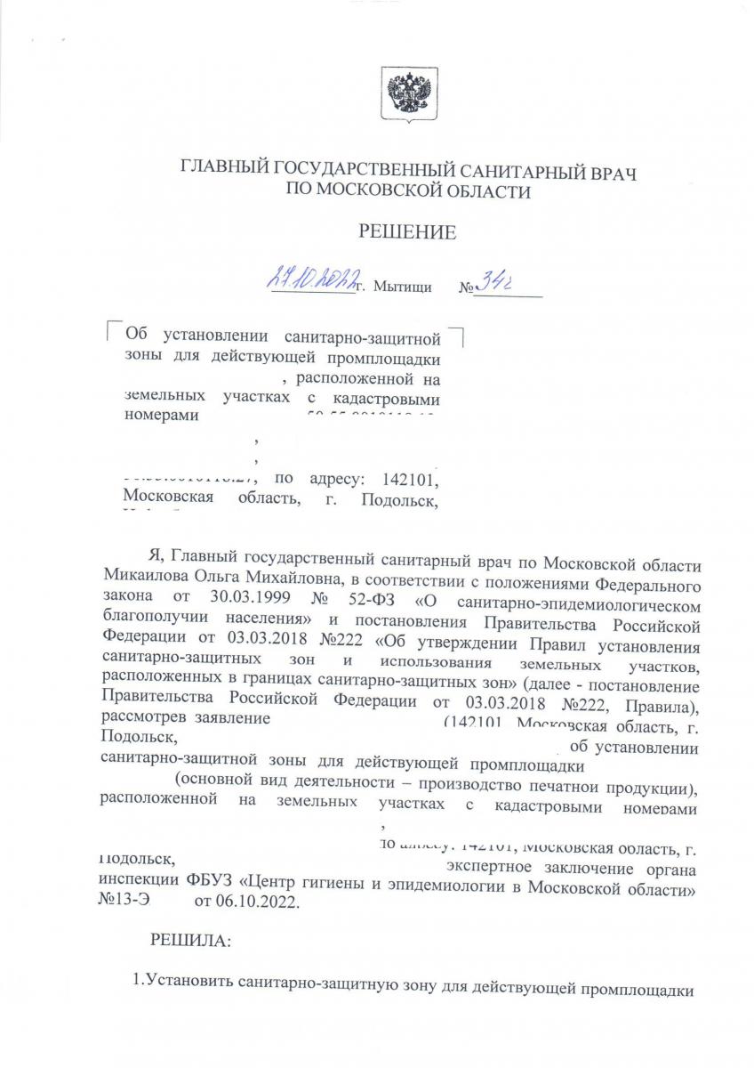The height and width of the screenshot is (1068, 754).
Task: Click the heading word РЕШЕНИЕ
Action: pyautogui.click(x=407, y=233)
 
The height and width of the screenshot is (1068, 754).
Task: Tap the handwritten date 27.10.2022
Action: pyautogui.click(x=309, y=283)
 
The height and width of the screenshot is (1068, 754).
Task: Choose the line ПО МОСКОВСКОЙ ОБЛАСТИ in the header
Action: pyautogui.click(x=407, y=190)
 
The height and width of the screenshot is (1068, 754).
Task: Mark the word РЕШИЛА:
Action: pyautogui.click(x=180, y=939)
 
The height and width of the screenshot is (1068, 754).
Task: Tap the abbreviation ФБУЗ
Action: pyautogui.click(x=208, y=884)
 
